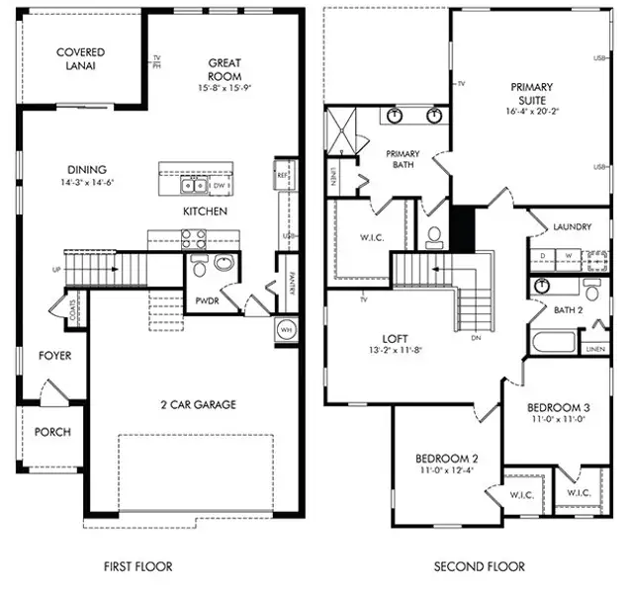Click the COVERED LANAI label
tap(81, 58)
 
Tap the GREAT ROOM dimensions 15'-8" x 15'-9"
tap(225, 88)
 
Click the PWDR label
tap(206, 300)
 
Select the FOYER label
tap(54, 355)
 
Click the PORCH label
tap(52, 432)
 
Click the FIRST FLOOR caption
tap(138, 566)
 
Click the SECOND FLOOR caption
tap(479, 566)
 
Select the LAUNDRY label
tap(572, 226)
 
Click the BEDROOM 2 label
tap(447, 459)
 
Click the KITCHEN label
tap(206, 212)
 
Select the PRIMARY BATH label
tap(403, 159)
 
